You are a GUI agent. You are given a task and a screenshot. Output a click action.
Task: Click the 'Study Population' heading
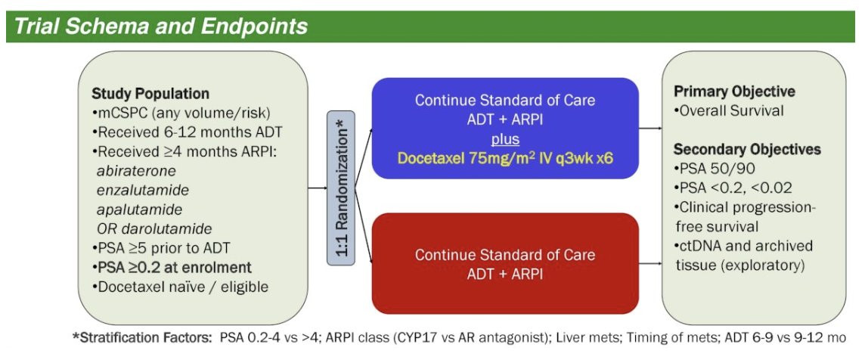coord(150,94)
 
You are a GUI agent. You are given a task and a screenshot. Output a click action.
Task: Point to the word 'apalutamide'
coord(138,209)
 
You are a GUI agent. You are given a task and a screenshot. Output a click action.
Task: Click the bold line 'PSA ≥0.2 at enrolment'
coord(172,267)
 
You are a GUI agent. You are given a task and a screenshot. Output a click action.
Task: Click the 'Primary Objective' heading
coord(734,92)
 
